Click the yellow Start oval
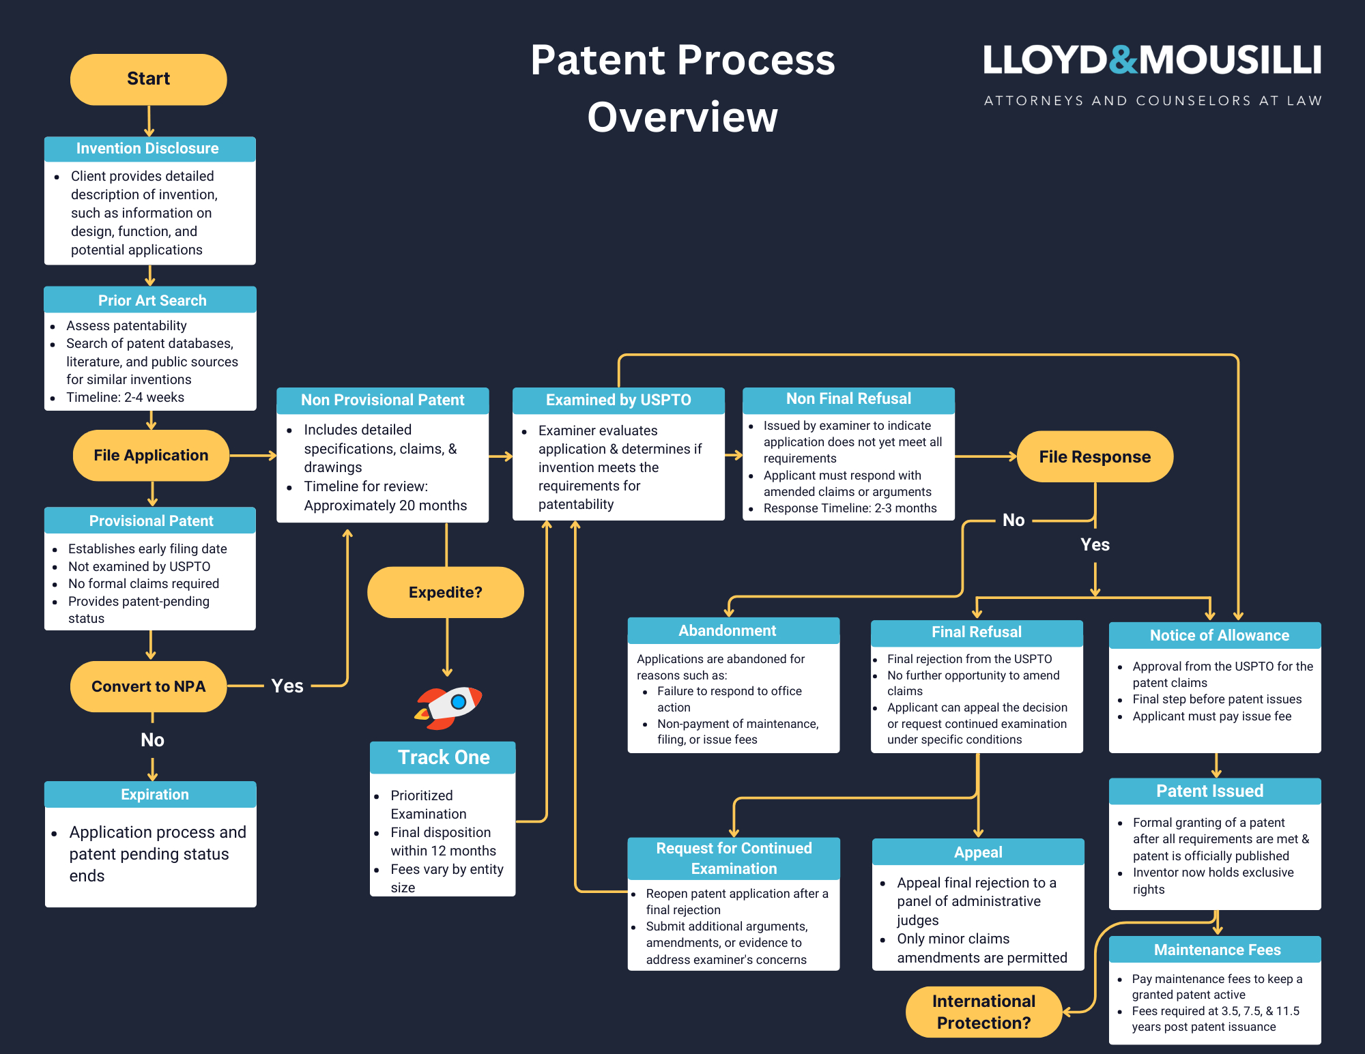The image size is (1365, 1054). coord(148,79)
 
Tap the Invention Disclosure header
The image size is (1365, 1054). coord(147,149)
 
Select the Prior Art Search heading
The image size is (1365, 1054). coord(152,300)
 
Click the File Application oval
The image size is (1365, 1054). coord(151,455)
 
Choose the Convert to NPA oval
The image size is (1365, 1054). coord(148,686)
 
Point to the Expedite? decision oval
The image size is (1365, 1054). coord(445,592)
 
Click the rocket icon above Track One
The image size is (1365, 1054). coord(448,707)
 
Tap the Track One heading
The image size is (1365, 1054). coord(444,757)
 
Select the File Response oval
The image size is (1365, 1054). coord(1095,456)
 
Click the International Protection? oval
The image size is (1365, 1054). coord(983,1012)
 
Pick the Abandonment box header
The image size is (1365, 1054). coord(727,630)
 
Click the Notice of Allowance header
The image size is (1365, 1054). coord(1219,635)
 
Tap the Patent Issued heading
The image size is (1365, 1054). coord(1209,791)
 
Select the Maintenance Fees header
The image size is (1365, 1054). coord(1217,950)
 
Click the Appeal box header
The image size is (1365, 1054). coord(977,852)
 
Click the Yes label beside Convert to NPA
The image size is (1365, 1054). coord(287,686)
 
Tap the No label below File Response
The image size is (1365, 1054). coord(1014,520)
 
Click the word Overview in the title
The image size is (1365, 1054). coord(682,117)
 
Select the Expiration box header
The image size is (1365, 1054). coord(154,794)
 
